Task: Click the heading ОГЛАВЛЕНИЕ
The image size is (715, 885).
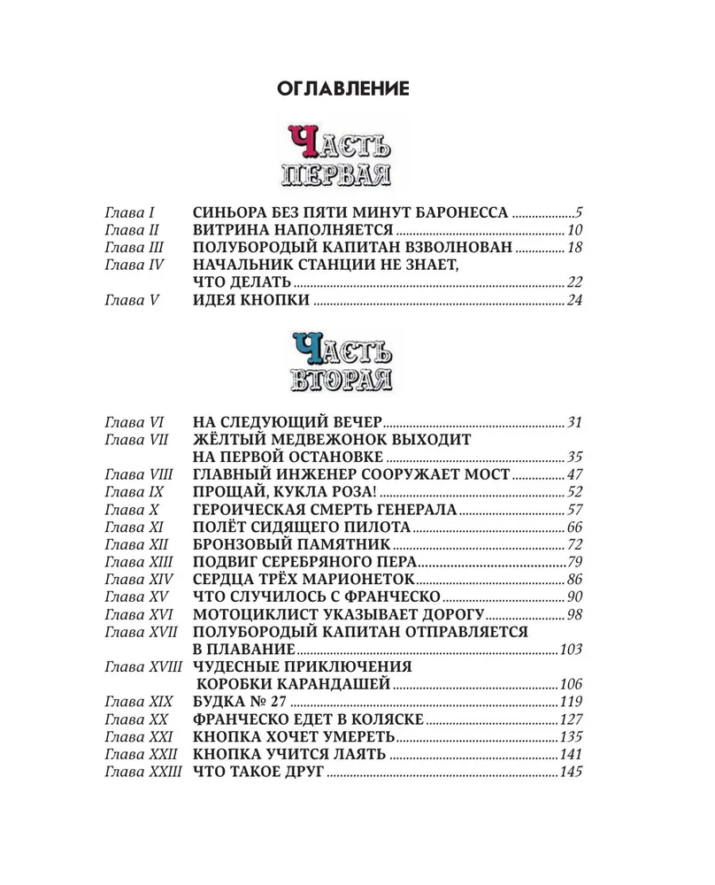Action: (x=342, y=89)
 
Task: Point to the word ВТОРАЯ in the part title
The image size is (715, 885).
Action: (x=342, y=378)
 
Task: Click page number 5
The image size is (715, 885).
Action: (x=580, y=212)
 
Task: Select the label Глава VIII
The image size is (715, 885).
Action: (x=135, y=474)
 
